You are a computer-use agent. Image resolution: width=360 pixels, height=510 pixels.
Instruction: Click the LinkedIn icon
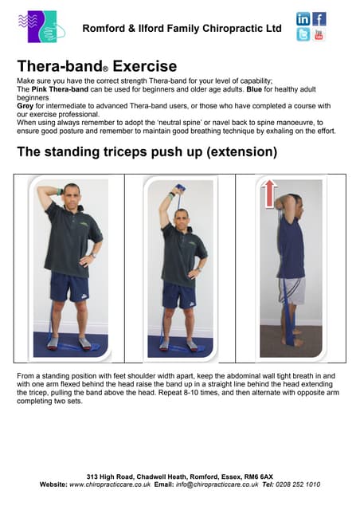(303, 19)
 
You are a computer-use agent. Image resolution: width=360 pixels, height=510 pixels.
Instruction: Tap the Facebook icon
(319, 19)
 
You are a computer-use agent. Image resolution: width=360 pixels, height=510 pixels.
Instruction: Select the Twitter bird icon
(303, 35)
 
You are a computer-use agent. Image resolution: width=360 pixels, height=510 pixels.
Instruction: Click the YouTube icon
(319, 35)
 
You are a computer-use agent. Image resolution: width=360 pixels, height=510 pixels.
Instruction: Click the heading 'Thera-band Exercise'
(96, 65)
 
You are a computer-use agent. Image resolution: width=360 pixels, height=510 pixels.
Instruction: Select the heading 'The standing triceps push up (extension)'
(147, 151)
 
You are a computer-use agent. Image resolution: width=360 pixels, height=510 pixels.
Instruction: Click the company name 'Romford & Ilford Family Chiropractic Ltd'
(182, 29)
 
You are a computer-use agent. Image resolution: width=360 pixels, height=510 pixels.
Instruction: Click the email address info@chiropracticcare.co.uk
(216, 484)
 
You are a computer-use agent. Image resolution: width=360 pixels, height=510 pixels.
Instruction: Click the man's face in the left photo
(71, 194)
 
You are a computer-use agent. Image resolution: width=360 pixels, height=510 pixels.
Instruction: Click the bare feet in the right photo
(292, 339)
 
